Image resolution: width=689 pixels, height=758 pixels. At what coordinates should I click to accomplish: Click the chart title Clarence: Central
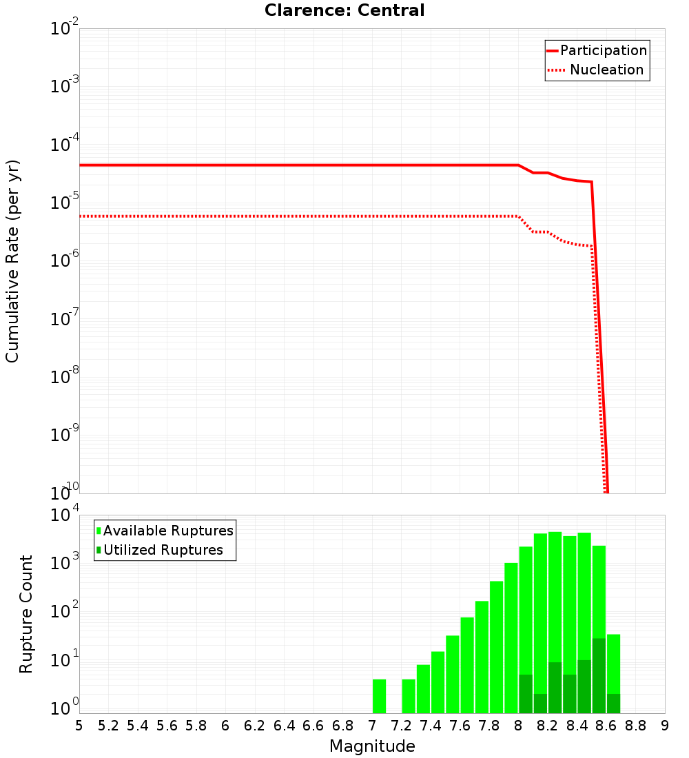[x=344, y=10]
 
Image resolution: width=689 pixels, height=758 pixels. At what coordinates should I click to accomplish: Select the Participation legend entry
[x=604, y=50]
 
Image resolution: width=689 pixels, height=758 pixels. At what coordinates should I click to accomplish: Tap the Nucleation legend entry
[x=606, y=70]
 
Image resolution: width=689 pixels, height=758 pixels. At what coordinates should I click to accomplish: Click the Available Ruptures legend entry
[x=168, y=531]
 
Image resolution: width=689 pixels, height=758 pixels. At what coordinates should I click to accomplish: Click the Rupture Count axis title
[x=26, y=613]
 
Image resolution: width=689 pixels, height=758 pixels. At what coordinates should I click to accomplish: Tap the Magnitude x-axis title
[x=372, y=746]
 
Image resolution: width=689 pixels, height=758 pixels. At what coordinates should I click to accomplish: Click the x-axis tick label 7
[x=372, y=725]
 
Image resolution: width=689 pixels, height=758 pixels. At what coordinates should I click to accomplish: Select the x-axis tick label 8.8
[x=635, y=725]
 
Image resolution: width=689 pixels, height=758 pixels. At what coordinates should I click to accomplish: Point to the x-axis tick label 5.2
[x=108, y=725]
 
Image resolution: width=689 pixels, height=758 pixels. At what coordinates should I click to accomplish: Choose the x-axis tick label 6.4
[x=284, y=725]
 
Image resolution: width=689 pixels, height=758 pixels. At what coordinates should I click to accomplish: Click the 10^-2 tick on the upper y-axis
[x=65, y=30]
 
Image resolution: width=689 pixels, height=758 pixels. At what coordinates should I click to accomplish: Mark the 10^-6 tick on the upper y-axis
[x=65, y=261]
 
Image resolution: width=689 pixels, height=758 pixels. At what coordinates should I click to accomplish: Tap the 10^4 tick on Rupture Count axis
[x=66, y=515]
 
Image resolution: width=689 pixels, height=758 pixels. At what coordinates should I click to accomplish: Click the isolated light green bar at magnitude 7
[x=379, y=696]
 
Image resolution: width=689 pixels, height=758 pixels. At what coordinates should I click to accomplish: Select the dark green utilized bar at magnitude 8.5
[x=599, y=675]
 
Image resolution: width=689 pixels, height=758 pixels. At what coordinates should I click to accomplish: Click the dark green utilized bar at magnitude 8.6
[x=613, y=703]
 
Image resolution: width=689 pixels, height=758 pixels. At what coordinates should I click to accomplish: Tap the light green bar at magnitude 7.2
[x=409, y=696]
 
